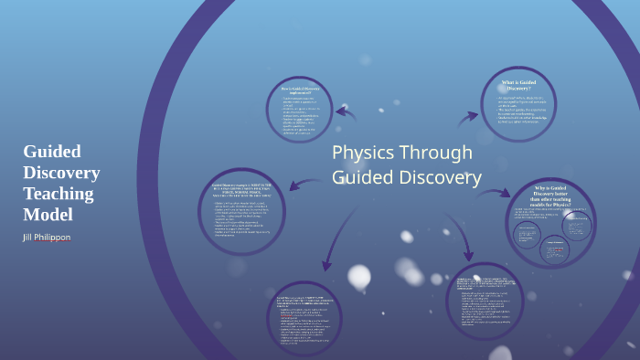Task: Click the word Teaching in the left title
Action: click(x=59, y=193)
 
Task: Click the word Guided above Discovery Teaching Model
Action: click(x=52, y=152)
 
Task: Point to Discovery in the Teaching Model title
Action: click(x=61, y=172)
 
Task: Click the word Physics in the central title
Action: click(x=364, y=153)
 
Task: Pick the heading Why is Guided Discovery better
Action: click(x=551, y=195)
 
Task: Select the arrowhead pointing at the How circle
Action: click(x=340, y=111)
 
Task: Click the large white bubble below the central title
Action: click(x=359, y=275)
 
